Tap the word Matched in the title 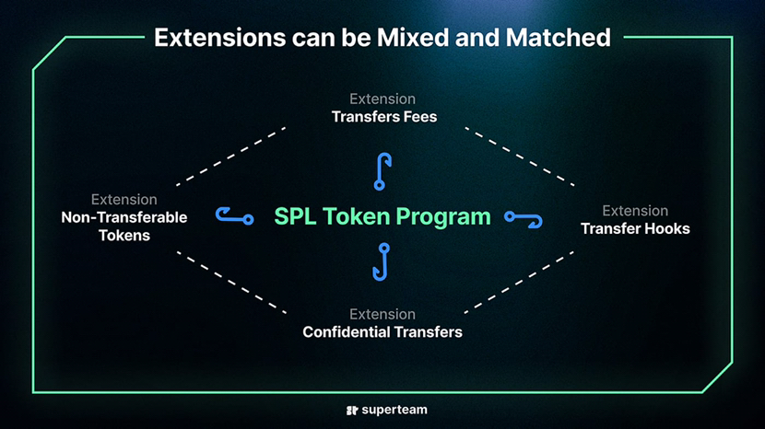tap(559, 38)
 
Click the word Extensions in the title tap(220, 38)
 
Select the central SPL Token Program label tap(382, 216)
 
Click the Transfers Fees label tap(384, 117)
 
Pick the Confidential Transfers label tap(382, 332)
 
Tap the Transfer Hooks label tap(635, 228)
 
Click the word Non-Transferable tap(124, 217)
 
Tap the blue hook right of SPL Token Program tap(524, 218)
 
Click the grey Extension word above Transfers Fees tap(382, 99)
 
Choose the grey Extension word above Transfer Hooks tap(635, 211)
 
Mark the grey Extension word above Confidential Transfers tap(382, 314)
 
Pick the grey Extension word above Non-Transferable tap(124, 200)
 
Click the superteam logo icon tap(352, 411)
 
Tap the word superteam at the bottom tap(394, 410)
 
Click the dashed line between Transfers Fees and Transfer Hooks tap(520, 157)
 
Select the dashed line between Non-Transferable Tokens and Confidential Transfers tap(231, 283)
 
